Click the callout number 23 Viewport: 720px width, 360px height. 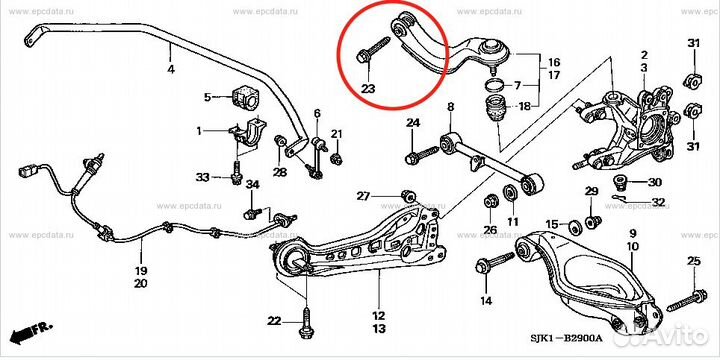(368, 88)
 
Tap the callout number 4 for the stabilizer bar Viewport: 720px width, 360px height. (171, 70)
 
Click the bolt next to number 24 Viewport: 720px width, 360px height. (422, 154)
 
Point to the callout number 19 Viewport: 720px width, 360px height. (141, 270)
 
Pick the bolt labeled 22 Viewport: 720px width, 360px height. (306, 321)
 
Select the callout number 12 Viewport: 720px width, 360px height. (379, 316)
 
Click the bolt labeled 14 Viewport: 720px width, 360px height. (495, 263)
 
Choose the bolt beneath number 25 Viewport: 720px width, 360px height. (687, 299)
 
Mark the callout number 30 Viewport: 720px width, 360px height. (655, 182)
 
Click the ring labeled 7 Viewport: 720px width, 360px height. (495, 84)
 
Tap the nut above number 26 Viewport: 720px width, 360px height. (490, 202)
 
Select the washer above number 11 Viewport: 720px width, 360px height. (510, 193)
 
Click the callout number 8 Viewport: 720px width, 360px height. (450, 107)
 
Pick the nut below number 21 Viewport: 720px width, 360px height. (337, 159)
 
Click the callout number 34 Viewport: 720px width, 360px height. (252, 185)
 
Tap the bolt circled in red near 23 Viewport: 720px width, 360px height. (373, 50)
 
